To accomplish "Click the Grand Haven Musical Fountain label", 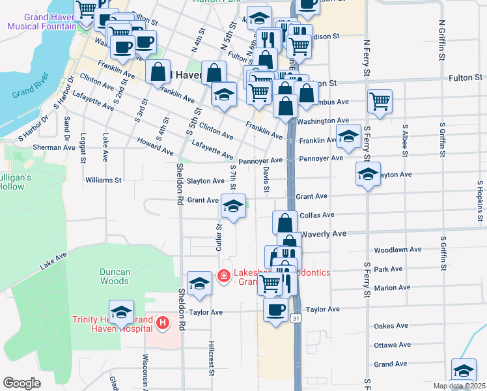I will (42, 22).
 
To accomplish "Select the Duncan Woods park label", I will (115, 276).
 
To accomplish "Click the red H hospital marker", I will (163, 322).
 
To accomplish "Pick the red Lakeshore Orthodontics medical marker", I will (223, 277).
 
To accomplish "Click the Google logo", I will (21, 383).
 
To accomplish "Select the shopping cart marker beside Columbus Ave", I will (380, 101).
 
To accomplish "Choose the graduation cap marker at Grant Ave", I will (232, 207).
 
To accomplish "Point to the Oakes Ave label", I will (391, 326).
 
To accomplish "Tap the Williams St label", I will (104, 180).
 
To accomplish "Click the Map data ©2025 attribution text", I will (459, 386).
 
